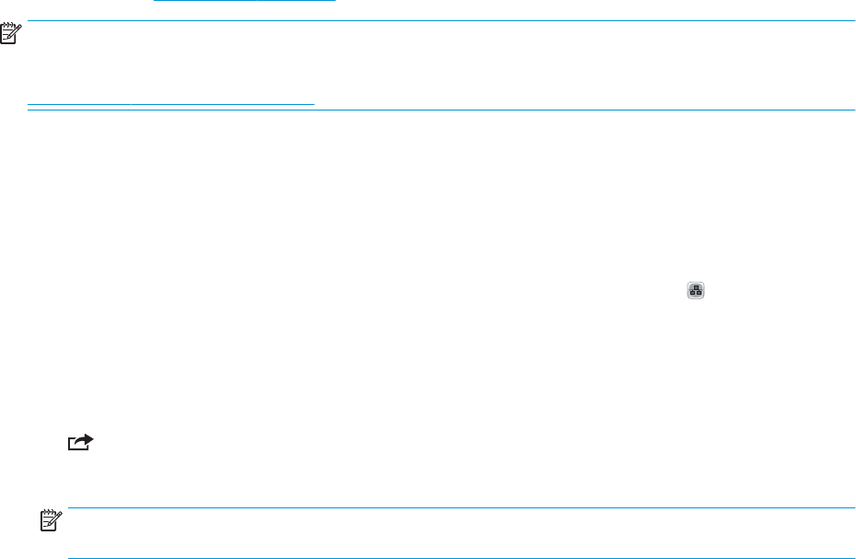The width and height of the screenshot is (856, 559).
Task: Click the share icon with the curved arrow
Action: pos(80,442)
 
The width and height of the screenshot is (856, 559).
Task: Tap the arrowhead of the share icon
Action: pos(87,440)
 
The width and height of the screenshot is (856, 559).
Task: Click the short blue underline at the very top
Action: pos(245,1)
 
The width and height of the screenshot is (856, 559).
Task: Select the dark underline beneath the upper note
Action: pos(171,104)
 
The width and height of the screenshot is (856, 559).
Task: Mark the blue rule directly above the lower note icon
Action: pos(456,507)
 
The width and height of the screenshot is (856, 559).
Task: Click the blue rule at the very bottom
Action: pos(456,557)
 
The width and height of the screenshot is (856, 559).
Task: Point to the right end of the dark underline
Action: pos(313,104)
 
